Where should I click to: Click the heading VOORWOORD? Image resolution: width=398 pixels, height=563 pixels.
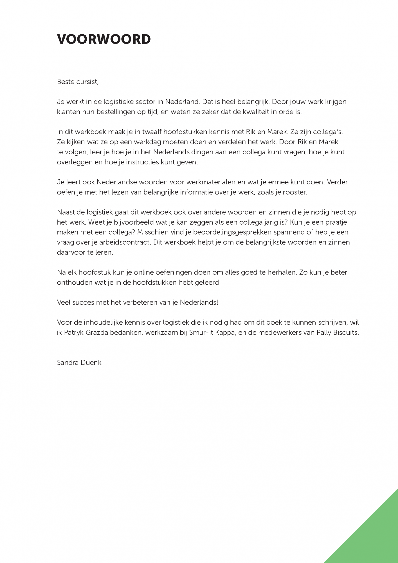(104, 39)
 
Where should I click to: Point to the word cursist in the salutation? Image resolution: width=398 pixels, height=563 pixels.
(87, 82)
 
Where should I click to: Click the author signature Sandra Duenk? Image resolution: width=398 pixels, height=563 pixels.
(79, 362)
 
